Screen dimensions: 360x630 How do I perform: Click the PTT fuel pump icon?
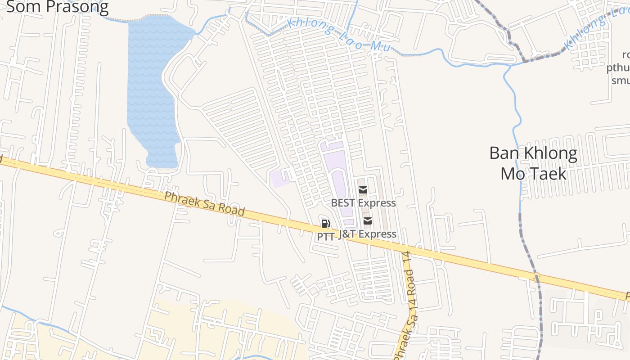(x=325, y=224)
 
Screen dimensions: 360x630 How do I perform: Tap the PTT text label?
(x=326, y=236)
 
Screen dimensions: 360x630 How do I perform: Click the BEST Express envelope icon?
(x=363, y=190)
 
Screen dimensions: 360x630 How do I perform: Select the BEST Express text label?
(x=364, y=203)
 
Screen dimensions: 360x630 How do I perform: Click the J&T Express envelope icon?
(x=368, y=221)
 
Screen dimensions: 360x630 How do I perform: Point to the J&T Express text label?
(x=367, y=234)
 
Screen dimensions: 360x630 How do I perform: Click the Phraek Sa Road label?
(x=204, y=204)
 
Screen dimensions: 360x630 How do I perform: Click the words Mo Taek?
(x=533, y=173)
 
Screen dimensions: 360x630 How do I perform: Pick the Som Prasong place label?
(x=58, y=7)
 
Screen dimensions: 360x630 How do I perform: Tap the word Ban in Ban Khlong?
(x=504, y=153)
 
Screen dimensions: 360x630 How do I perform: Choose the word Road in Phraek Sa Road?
(x=233, y=211)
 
